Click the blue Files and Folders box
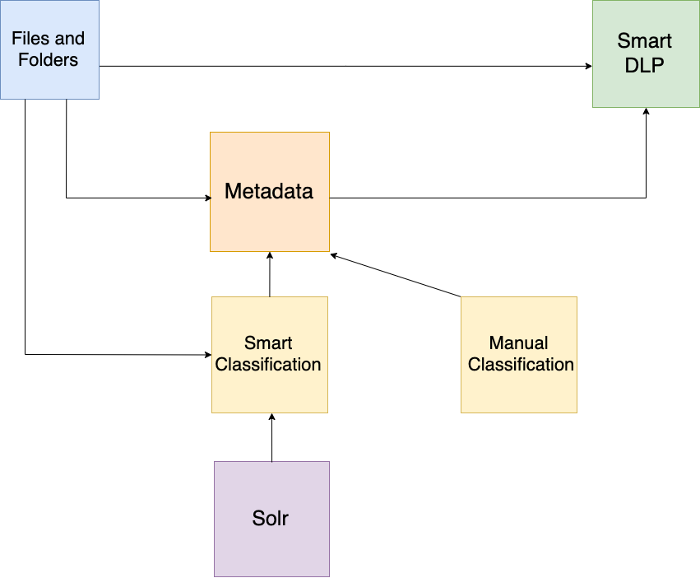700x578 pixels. click(49, 49)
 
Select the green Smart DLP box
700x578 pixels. click(644, 54)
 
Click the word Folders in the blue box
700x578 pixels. click(49, 60)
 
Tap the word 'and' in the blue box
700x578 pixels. click(70, 39)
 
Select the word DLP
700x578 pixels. click(645, 66)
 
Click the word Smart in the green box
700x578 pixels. click(645, 41)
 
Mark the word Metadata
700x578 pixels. click(269, 192)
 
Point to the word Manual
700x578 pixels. click(519, 343)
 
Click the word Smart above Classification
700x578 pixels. click(268, 343)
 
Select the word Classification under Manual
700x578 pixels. click(521, 364)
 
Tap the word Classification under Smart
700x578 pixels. click(268, 364)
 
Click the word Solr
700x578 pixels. click(271, 519)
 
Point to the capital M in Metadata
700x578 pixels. click(234, 192)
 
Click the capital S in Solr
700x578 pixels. click(258, 519)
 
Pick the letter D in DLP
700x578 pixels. click(632, 66)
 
